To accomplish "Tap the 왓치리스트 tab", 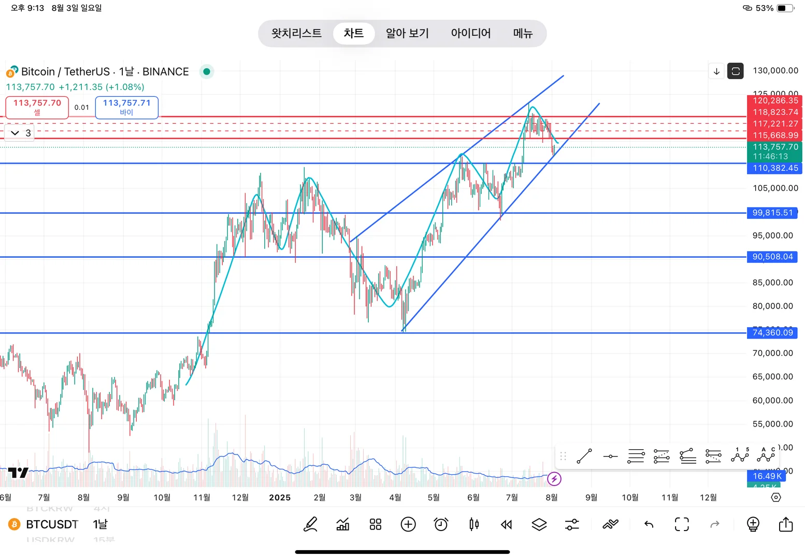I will click(x=296, y=34).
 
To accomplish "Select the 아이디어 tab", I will click(x=470, y=34).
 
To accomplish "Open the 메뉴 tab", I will click(x=523, y=34).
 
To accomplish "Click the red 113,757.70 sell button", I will click(x=37, y=107).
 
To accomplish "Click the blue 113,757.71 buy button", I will click(x=127, y=107).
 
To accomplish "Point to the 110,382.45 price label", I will click(x=774, y=168).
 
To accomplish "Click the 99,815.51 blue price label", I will click(x=772, y=213).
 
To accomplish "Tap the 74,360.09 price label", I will click(x=772, y=333).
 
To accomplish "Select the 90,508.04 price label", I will click(x=772, y=257).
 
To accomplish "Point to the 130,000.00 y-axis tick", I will click(x=775, y=70).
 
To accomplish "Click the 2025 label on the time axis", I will click(x=280, y=497).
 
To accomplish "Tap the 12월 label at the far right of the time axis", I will click(x=708, y=497).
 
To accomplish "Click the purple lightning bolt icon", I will click(x=554, y=479).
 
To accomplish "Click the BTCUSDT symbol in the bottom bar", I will click(x=52, y=524).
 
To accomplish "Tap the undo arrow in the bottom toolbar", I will click(x=649, y=524).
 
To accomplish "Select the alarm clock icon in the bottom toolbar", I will click(x=441, y=524).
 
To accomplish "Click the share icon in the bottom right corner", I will click(x=785, y=524).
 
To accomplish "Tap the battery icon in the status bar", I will click(x=785, y=8).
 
